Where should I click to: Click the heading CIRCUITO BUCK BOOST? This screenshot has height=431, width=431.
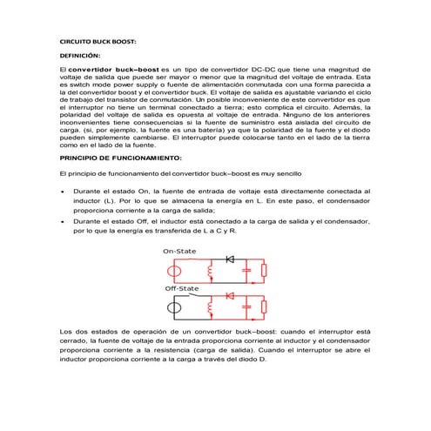[x=98, y=41]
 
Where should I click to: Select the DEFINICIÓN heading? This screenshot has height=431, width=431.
[x=80, y=54]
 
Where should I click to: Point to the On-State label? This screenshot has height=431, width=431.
[x=180, y=251]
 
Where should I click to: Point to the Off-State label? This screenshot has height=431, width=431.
[x=182, y=288]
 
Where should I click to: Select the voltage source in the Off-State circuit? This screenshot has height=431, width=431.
[x=175, y=307]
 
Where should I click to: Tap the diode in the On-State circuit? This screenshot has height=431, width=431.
[x=231, y=259]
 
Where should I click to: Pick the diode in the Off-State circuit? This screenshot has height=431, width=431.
[x=231, y=296]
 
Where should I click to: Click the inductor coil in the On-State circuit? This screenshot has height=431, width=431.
[x=209, y=272]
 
